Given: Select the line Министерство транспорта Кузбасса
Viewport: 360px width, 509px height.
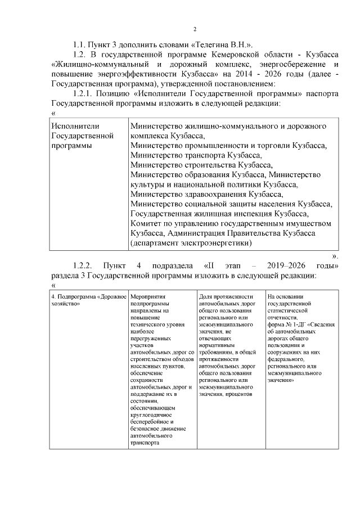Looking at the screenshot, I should pos(196,155).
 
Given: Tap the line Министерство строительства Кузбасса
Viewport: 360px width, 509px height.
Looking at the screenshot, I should pos(201,165).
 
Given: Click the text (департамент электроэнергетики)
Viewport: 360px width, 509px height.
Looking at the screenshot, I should pos(190,243).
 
